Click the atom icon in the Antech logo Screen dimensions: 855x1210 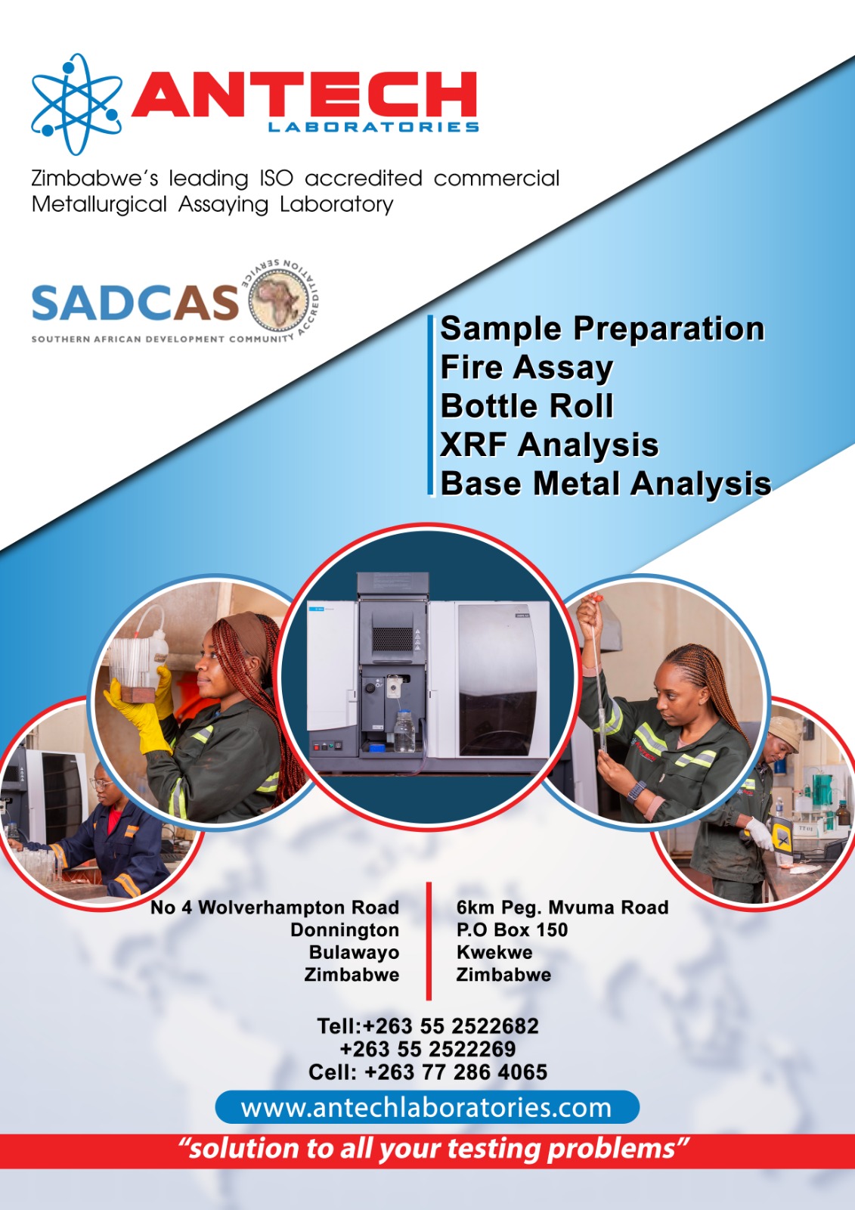click(76, 104)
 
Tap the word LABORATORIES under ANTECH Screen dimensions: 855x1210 click(373, 127)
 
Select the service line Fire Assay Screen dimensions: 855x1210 click(527, 368)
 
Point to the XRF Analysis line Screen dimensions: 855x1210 click(550, 445)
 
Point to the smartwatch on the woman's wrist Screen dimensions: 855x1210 click(637, 791)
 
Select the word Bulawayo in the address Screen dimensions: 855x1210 click(354, 952)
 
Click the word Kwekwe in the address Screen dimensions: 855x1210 click(494, 952)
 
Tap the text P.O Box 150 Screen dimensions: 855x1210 click(512, 929)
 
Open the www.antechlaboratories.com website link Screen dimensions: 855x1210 click(426, 1107)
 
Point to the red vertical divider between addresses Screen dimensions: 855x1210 click(429, 941)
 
